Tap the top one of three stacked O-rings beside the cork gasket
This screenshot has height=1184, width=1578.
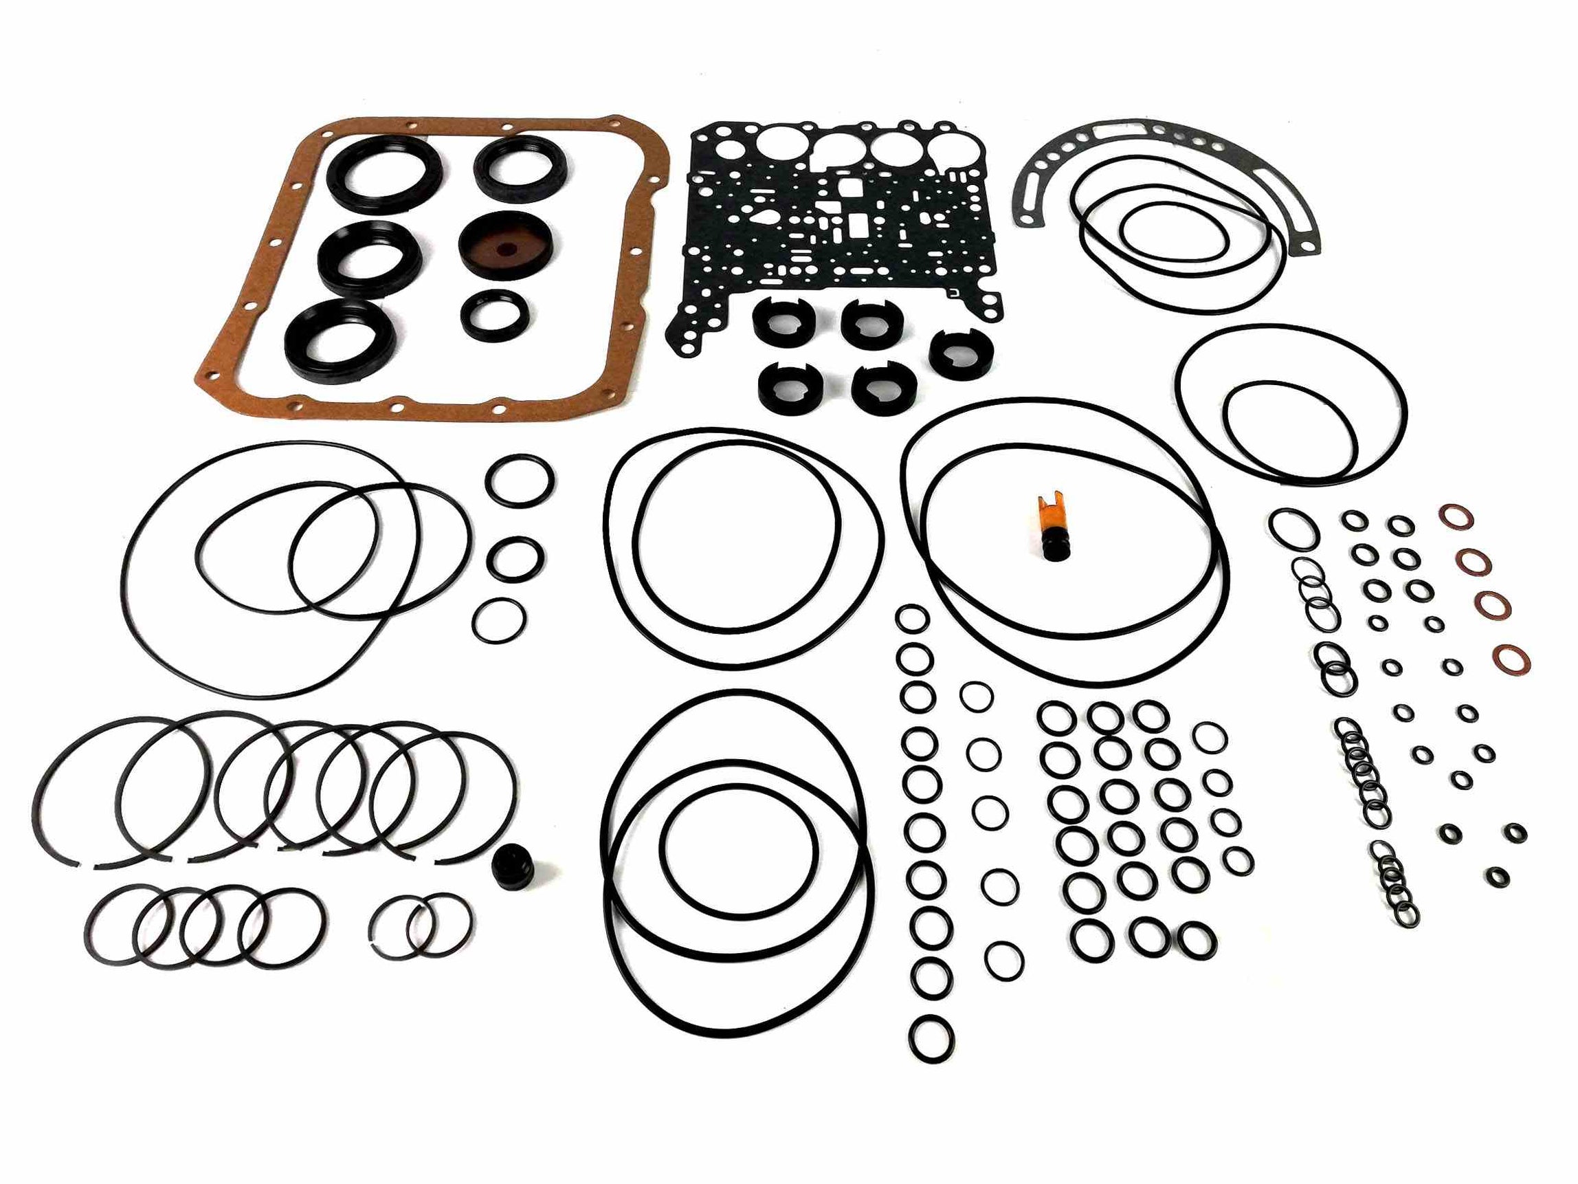(520, 478)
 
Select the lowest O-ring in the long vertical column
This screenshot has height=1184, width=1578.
(932, 1035)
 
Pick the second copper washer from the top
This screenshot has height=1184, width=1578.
(1474, 562)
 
